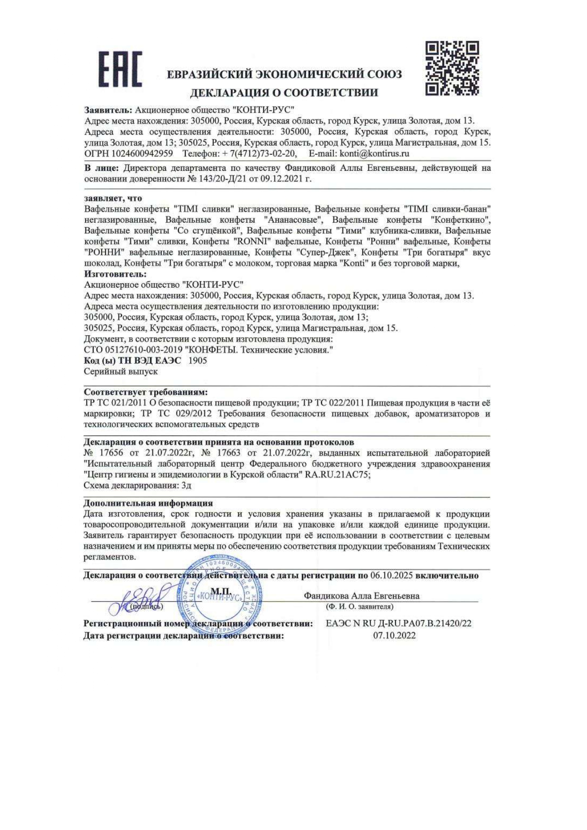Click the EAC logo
coord(120,70)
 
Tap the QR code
coord(452,68)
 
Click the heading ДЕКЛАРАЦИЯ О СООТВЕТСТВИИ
coord(284,93)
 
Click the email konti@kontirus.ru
coord(374,154)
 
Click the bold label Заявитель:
coord(108,110)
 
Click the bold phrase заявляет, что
coord(113,198)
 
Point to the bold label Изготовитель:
coord(115,274)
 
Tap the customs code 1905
coord(197,360)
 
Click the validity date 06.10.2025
coord(392,576)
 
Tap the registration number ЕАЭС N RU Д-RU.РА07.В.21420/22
coord(398,623)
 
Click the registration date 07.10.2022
coord(394,636)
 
